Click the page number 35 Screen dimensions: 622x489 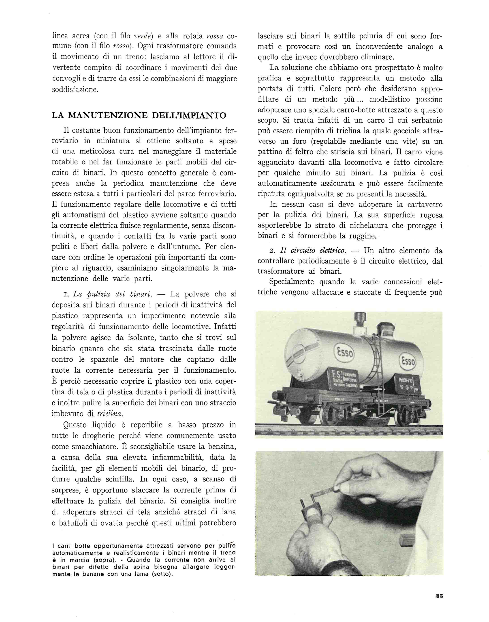click(x=439, y=596)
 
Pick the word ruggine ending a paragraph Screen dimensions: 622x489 click(x=360, y=236)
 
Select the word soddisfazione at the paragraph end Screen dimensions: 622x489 click(x=75, y=89)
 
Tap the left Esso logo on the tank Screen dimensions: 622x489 click(x=344, y=353)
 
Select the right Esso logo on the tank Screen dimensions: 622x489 click(x=408, y=361)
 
